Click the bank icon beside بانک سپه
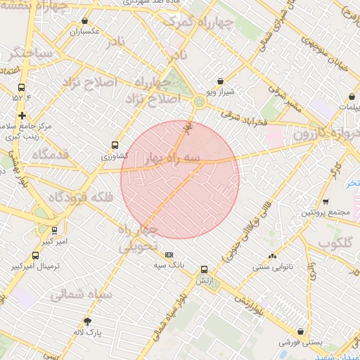pos(169,255)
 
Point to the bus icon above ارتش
pos(205,269)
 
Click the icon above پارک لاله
pos(87,321)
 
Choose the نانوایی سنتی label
pos(271,266)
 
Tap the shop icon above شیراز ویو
pos(221,82)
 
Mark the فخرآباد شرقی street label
pos(243,112)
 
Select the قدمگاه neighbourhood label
pos(49,154)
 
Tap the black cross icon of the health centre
pos(22,115)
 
